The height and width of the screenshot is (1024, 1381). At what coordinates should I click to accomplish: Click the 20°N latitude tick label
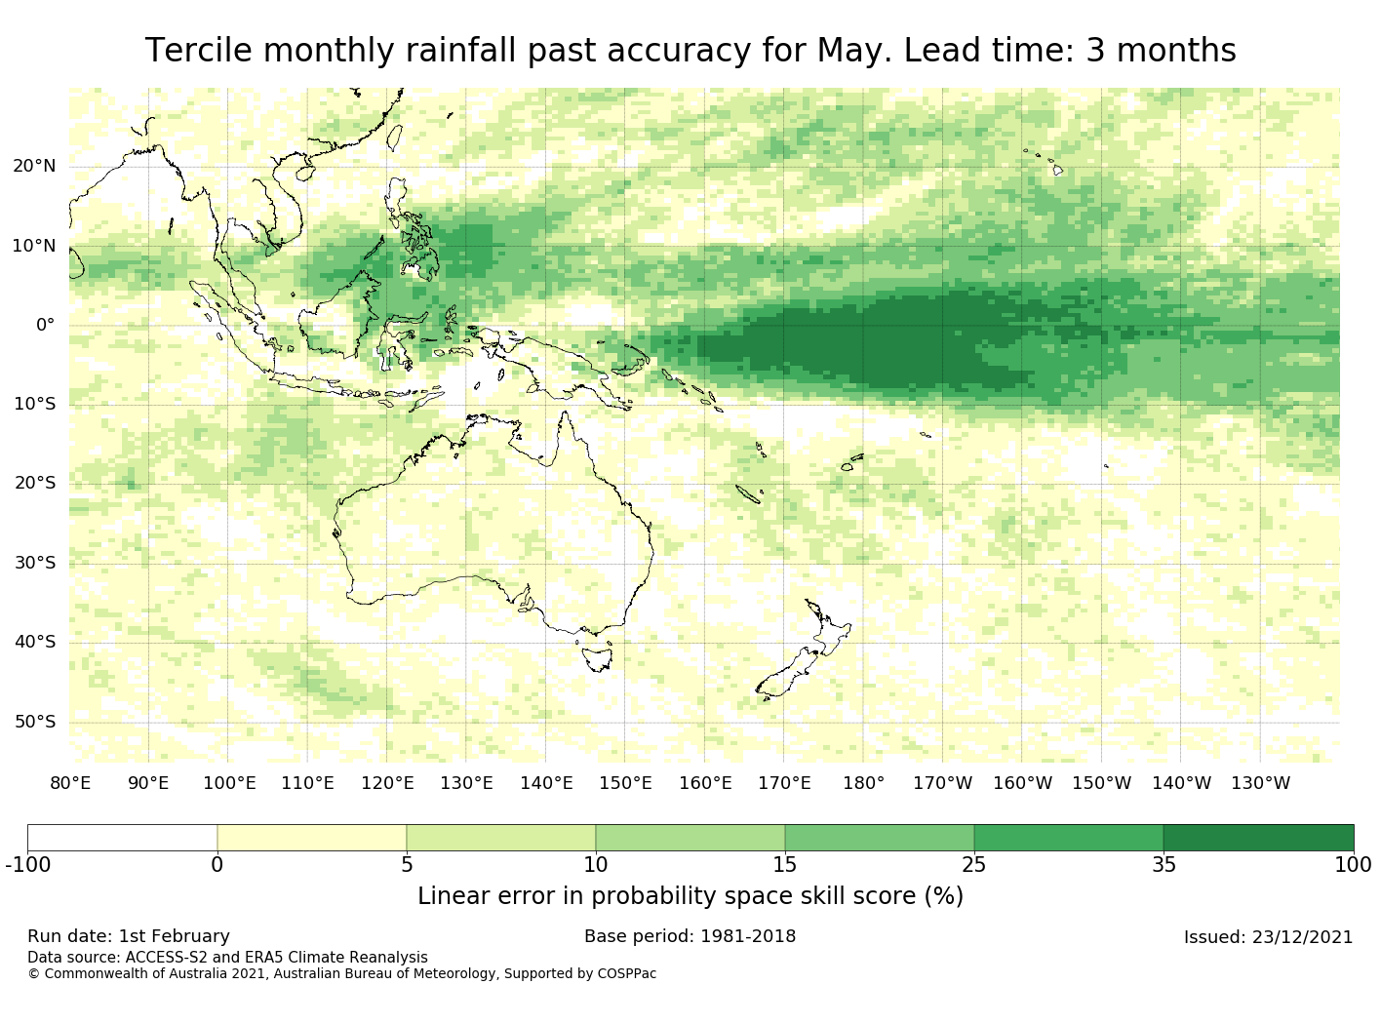click(x=34, y=166)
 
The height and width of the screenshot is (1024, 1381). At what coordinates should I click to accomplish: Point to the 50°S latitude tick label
click(x=34, y=722)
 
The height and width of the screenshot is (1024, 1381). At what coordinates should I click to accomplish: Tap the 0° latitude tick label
click(x=46, y=325)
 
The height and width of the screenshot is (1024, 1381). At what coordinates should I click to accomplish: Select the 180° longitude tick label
click(x=863, y=783)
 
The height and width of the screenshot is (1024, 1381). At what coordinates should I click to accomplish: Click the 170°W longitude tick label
click(x=942, y=783)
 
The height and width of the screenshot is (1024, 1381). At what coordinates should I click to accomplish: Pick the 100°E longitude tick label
click(x=228, y=783)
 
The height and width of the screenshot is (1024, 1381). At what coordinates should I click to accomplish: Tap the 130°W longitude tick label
click(x=1260, y=783)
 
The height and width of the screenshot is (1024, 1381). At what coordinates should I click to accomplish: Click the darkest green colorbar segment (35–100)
click(x=1258, y=838)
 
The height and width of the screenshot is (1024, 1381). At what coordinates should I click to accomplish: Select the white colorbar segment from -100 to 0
click(x=122, y=838)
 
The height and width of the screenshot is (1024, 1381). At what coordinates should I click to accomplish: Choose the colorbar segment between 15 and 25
click(x=879, y=838)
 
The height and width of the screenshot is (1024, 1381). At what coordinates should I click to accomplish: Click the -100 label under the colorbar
click(x=27, y=864)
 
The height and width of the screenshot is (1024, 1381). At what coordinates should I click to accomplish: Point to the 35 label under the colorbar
click(x=1164, y=864)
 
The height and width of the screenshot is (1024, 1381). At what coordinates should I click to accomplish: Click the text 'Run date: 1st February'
click(x=129, y=936)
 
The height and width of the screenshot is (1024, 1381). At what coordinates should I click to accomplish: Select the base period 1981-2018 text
click(x=747, y=936)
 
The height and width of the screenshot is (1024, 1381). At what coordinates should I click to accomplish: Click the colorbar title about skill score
click(x=690, y=896)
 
